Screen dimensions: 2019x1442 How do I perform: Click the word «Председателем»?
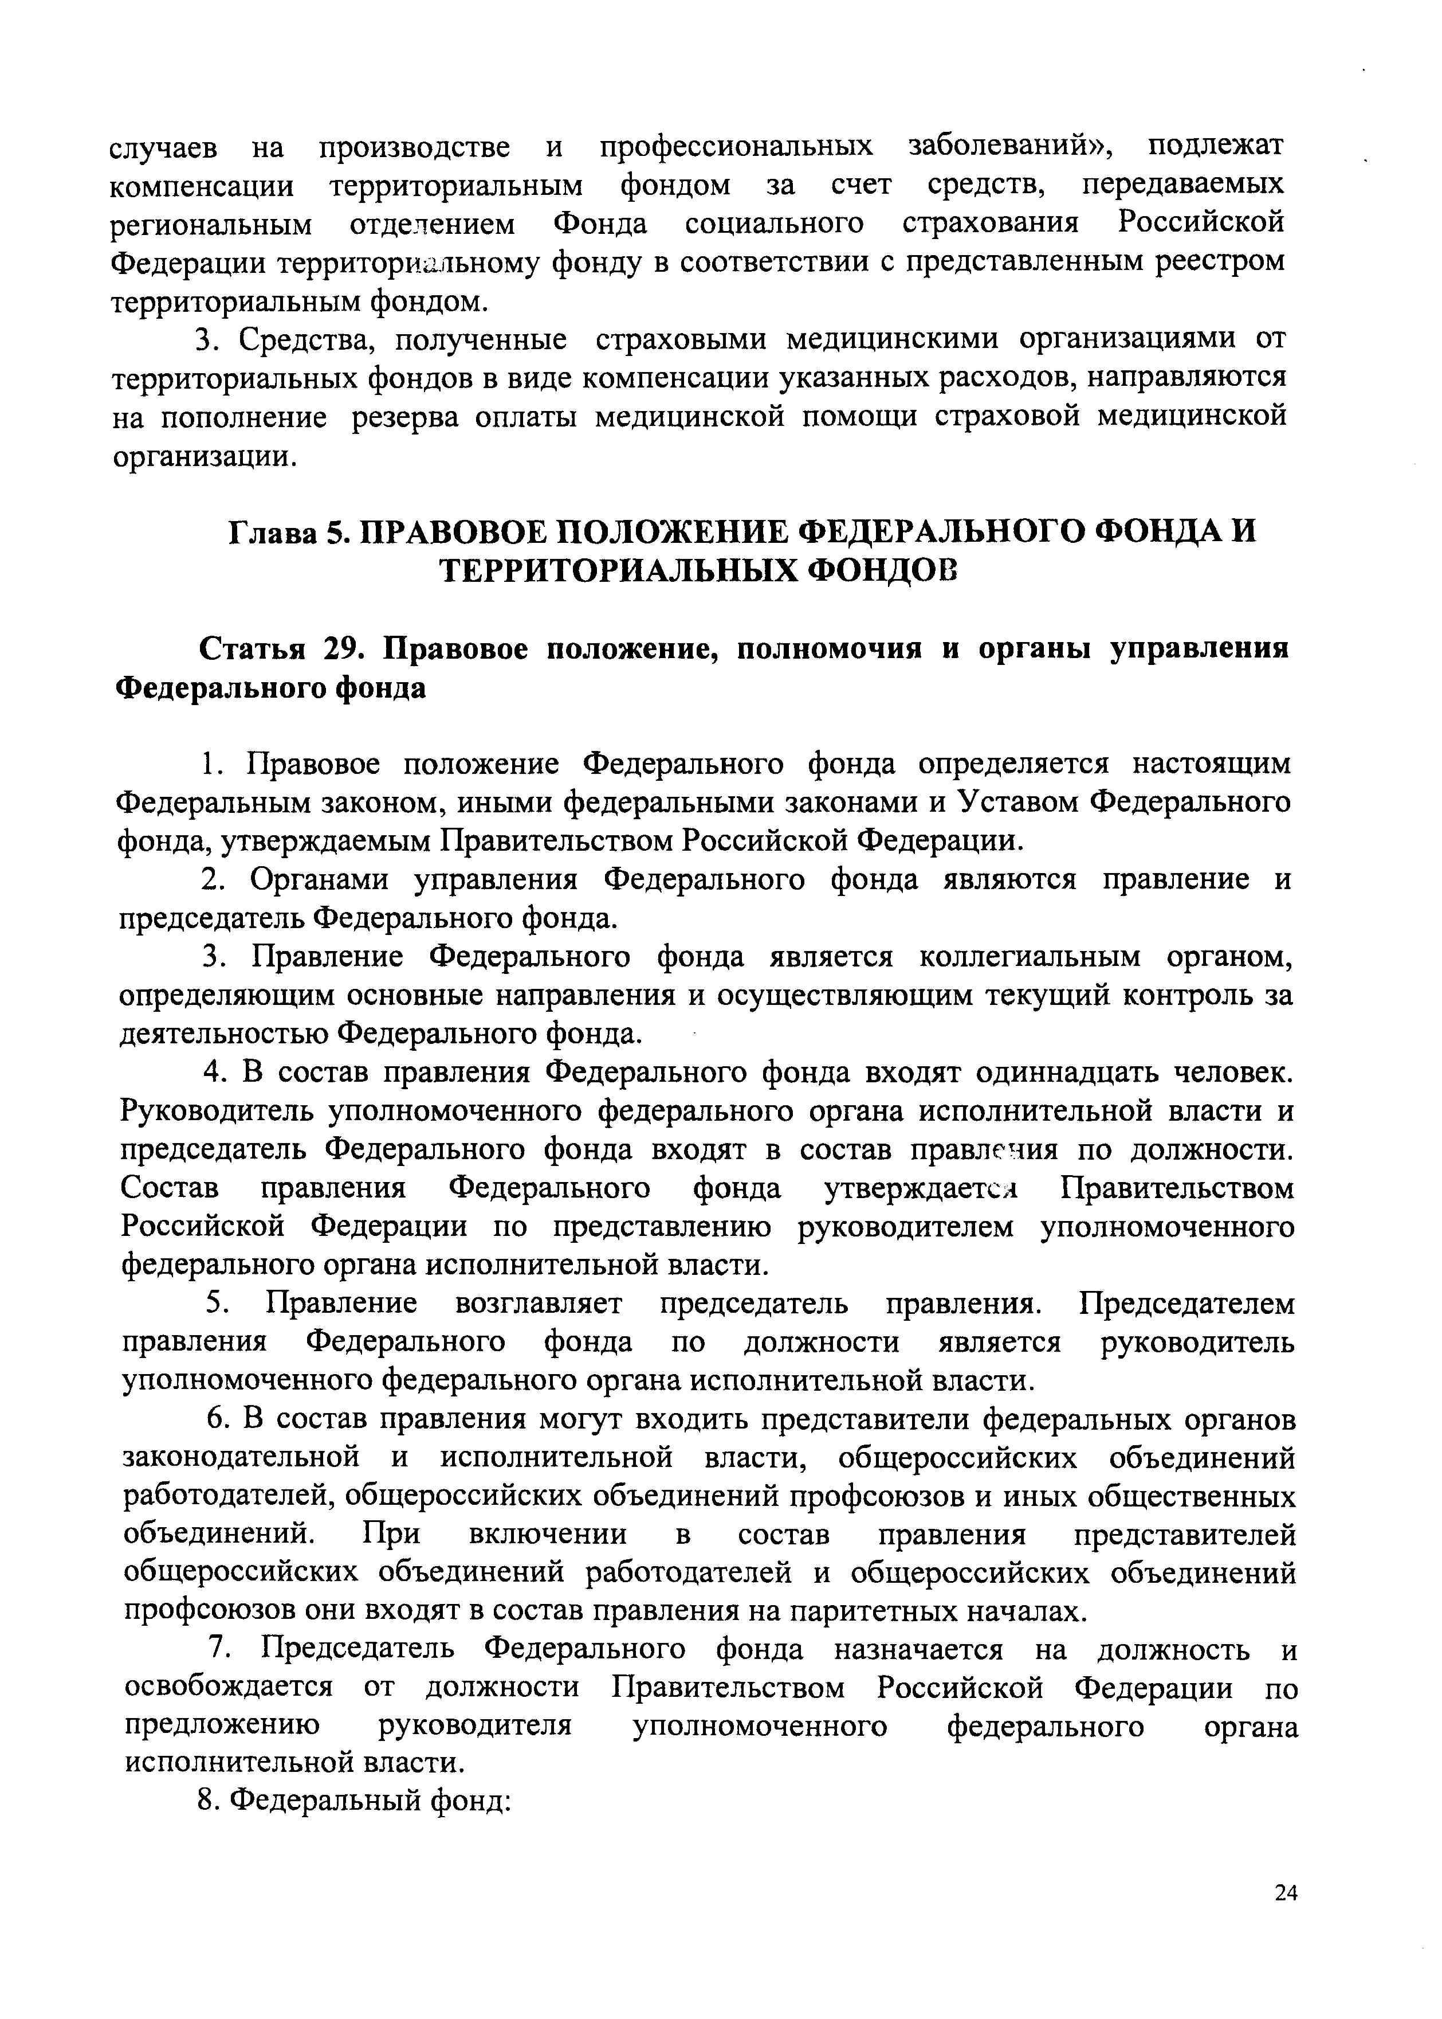point(1187,1303)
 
